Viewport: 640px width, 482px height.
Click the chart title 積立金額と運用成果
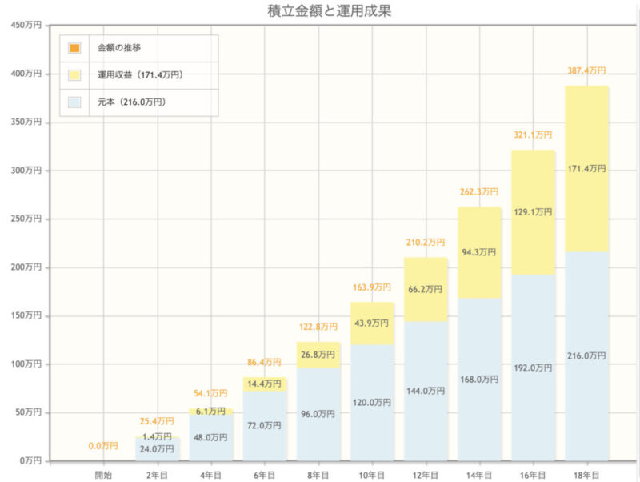coord(329,11)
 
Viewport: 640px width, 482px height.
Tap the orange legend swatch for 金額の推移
coord(74,48)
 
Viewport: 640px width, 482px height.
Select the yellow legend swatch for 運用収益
coord(74,75)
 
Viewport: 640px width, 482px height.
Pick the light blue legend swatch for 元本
coord(74,102)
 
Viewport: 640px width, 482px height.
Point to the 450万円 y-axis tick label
coord(26,26)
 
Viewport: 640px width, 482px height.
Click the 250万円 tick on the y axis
coord(26,219)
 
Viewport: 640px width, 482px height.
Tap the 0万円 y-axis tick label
coord(30,460)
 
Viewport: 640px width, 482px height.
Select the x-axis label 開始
coord(103,475)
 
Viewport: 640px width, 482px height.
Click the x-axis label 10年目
coord(372,475)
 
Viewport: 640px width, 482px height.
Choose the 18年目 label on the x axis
coord(586,475)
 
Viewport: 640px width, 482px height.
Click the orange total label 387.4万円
coord(586,70)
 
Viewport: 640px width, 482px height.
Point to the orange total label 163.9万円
coord(372,287)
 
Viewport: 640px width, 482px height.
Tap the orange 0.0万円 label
coord(103,446)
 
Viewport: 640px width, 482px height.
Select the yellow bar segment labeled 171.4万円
coord(587,169)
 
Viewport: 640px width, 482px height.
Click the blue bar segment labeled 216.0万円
coord(587,356)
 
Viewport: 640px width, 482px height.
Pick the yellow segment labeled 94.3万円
coord(479,252)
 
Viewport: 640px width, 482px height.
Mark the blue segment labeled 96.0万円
coord(318,414)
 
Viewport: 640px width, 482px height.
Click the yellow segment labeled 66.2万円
coord(426,289)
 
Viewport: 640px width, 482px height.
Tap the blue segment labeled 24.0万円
coord(157,449)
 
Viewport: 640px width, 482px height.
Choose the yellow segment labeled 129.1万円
coord(533,212)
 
